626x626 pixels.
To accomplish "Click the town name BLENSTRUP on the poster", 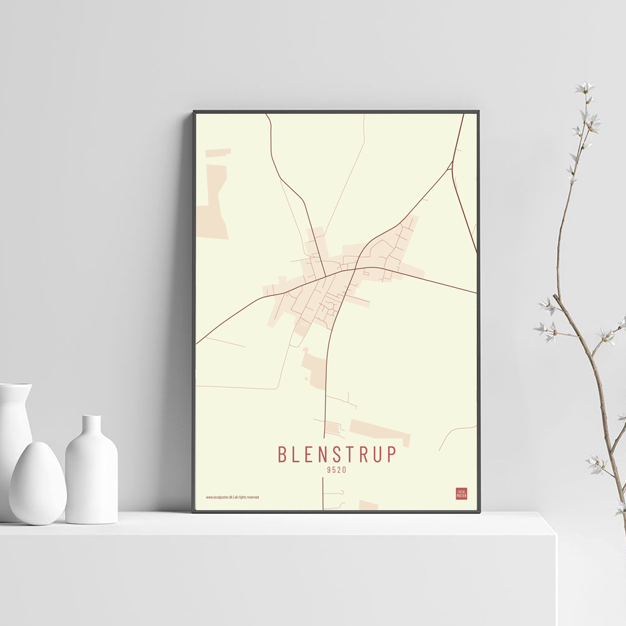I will (x=337, y=454).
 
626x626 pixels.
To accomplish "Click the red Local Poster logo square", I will (x=461, y=493).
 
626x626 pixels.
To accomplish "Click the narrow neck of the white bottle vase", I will (x=91, y=426).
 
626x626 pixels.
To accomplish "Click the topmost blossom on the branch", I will (x=585, y=87).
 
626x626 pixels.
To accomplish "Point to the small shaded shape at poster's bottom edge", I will (x=368, y=505).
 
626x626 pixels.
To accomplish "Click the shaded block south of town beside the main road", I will (x=315, y=366).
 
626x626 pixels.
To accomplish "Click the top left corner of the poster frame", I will (x=194, y=112).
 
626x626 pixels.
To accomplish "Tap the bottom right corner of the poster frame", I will (x=479, y=511).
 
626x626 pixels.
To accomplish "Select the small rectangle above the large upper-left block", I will (x=218, y=153).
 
